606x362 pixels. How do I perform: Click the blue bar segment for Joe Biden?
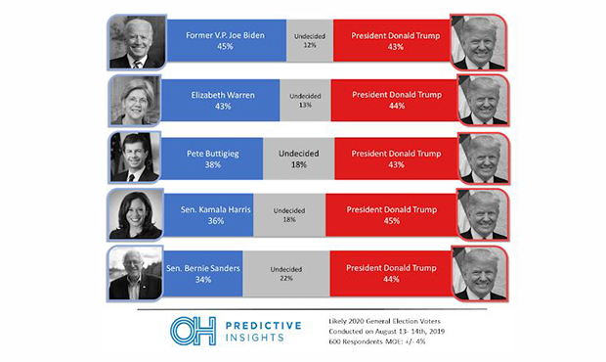click(227, 41)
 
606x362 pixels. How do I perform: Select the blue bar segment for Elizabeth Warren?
click(220, 100)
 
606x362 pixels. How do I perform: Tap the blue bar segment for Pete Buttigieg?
click(212, 158)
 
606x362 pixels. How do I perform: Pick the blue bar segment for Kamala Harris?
click(209, 215)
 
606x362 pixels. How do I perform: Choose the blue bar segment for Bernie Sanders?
click(202, 273)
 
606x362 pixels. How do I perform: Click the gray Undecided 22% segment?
click(286, 273)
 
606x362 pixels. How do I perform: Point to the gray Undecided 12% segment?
click(310, 41)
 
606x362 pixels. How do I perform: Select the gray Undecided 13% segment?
click(305, 100)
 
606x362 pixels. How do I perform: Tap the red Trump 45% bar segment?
click(391, 215)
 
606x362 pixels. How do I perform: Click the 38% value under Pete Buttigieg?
click(213, 164)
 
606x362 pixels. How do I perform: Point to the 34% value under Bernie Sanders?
click(203, 279)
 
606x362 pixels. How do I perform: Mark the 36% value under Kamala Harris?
click(216, 221)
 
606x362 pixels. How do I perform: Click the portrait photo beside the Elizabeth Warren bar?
click(135, 101)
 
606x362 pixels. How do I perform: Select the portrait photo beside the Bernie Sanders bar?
click(135, 273)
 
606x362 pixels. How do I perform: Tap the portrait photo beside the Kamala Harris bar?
click(136, 214)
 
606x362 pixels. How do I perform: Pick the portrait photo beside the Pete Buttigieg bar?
click(135, 158)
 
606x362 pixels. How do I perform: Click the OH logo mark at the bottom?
click(193, 331)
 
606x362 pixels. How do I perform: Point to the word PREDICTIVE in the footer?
click(263, 326)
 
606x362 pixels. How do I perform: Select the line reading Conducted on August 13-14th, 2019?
click(386, 332)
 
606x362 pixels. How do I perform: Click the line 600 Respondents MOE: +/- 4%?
click(377, 341)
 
